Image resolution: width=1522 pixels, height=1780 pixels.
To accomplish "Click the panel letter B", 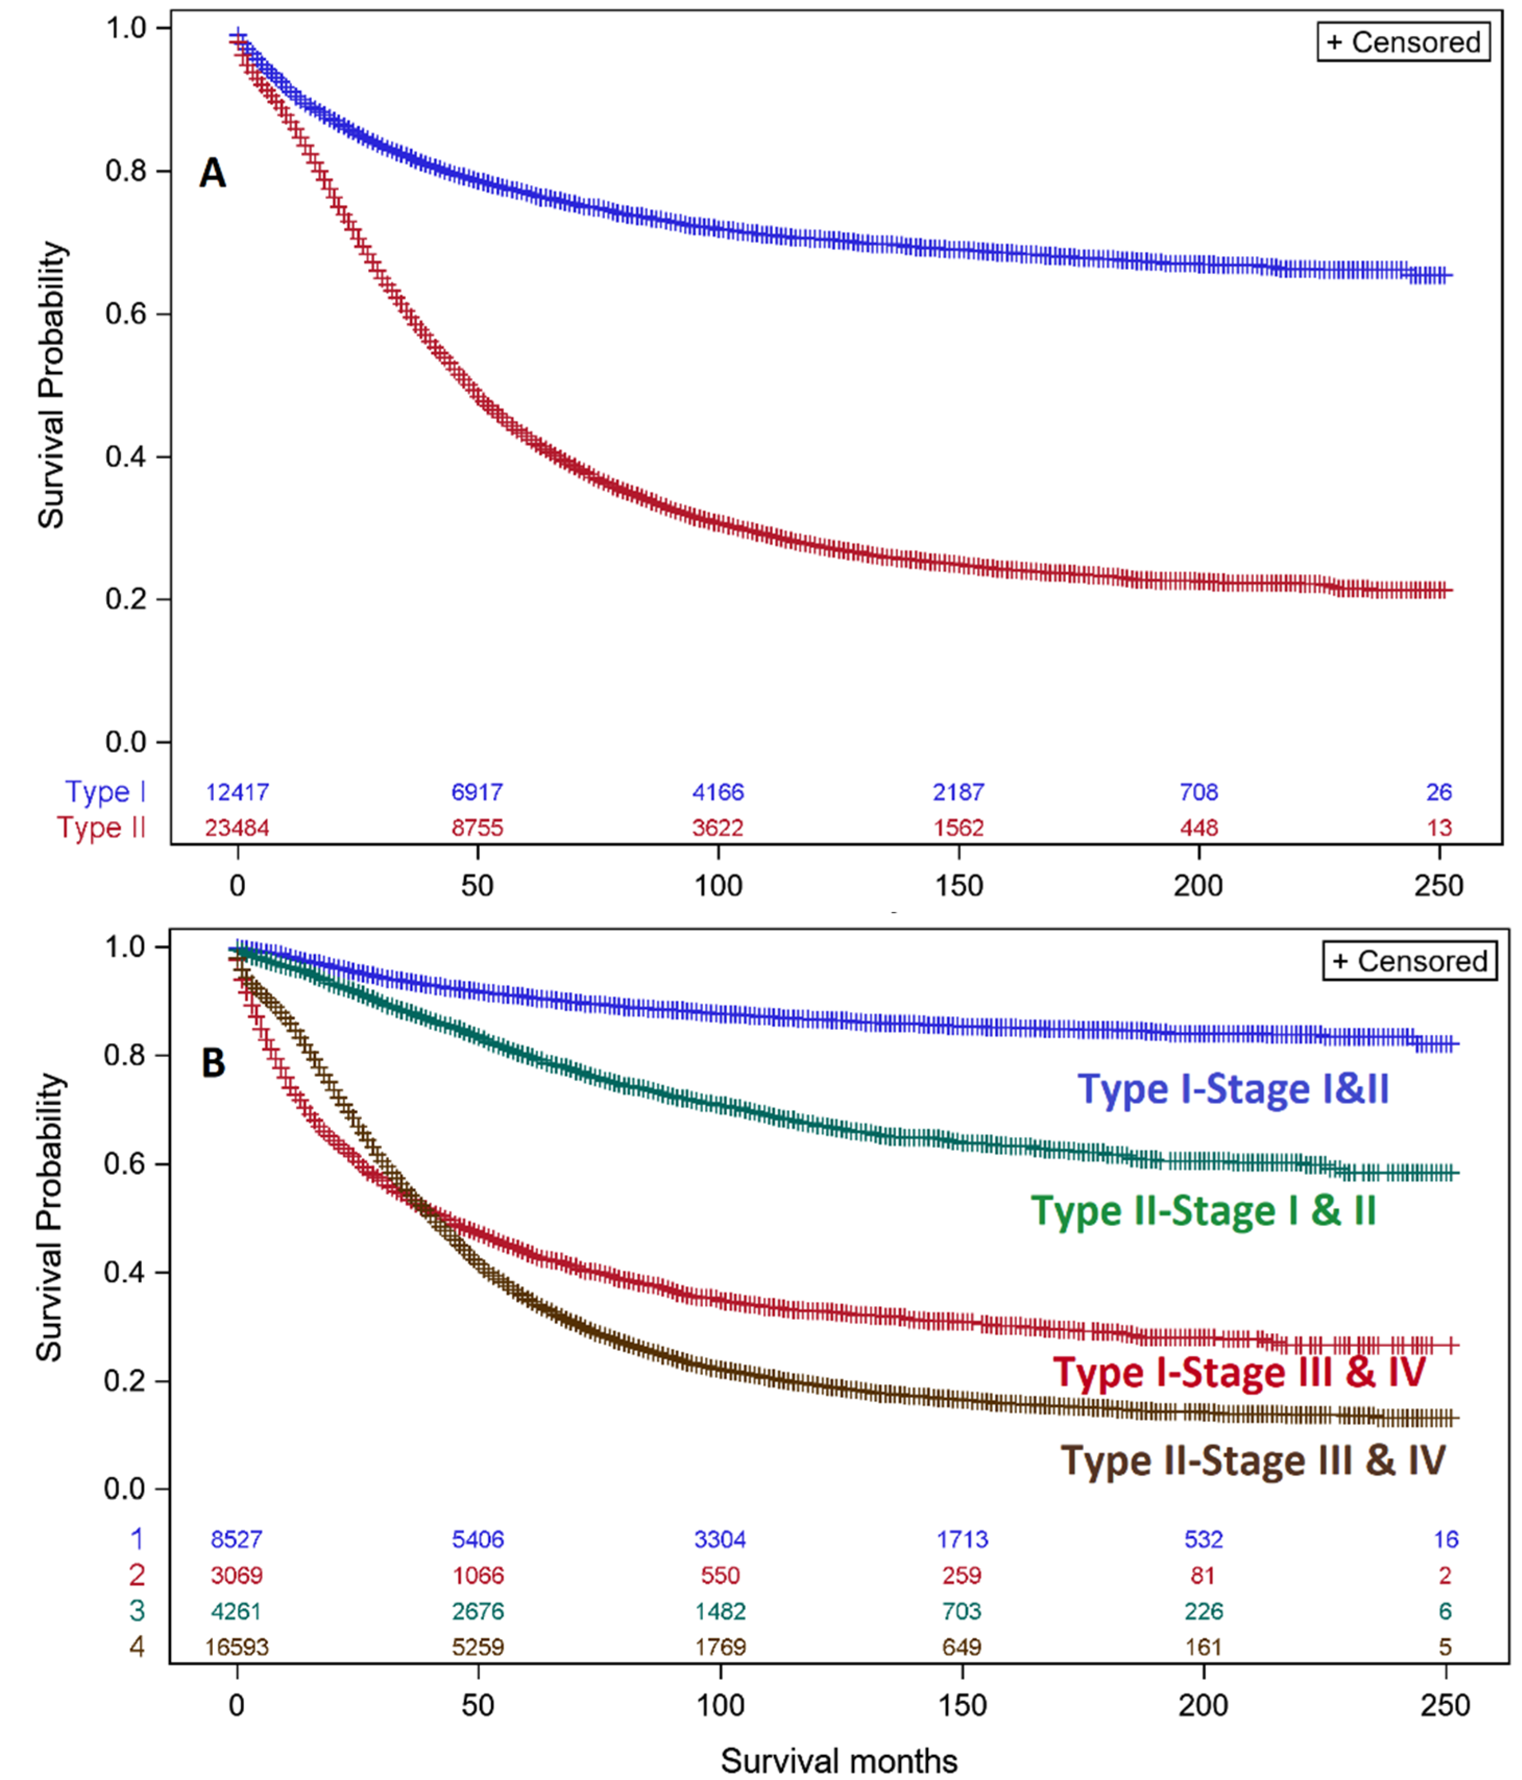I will [213, 1063].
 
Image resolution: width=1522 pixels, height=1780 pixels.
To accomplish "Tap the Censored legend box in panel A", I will [1403, 42].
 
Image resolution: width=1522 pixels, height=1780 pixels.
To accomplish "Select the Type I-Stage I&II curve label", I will [1233, 1089].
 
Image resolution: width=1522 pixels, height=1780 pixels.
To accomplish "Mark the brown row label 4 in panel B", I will [137, 1647].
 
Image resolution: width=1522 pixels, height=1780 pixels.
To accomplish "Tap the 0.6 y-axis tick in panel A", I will [126, 314].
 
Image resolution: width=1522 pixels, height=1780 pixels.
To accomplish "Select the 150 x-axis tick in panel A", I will [958, 885].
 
